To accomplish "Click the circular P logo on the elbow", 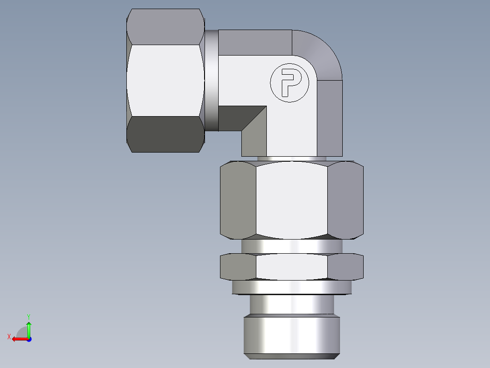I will coord(290,83).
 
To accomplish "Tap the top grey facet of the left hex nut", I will coord(165,26).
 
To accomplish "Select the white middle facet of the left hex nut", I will coord(165,80).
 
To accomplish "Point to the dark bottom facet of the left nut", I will coord(165,134).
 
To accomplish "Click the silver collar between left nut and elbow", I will coord(211,80).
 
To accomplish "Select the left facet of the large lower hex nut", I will coord(238,200).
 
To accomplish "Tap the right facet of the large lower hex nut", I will coord(345,200).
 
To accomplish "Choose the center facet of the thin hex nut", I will coord(291,266).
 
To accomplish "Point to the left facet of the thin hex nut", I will coord(238,267).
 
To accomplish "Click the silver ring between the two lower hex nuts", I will coord(291,246).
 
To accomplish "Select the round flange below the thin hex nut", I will coord(291,287).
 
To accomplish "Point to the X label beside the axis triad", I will coord(9,337).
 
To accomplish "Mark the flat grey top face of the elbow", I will coord(255,42).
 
